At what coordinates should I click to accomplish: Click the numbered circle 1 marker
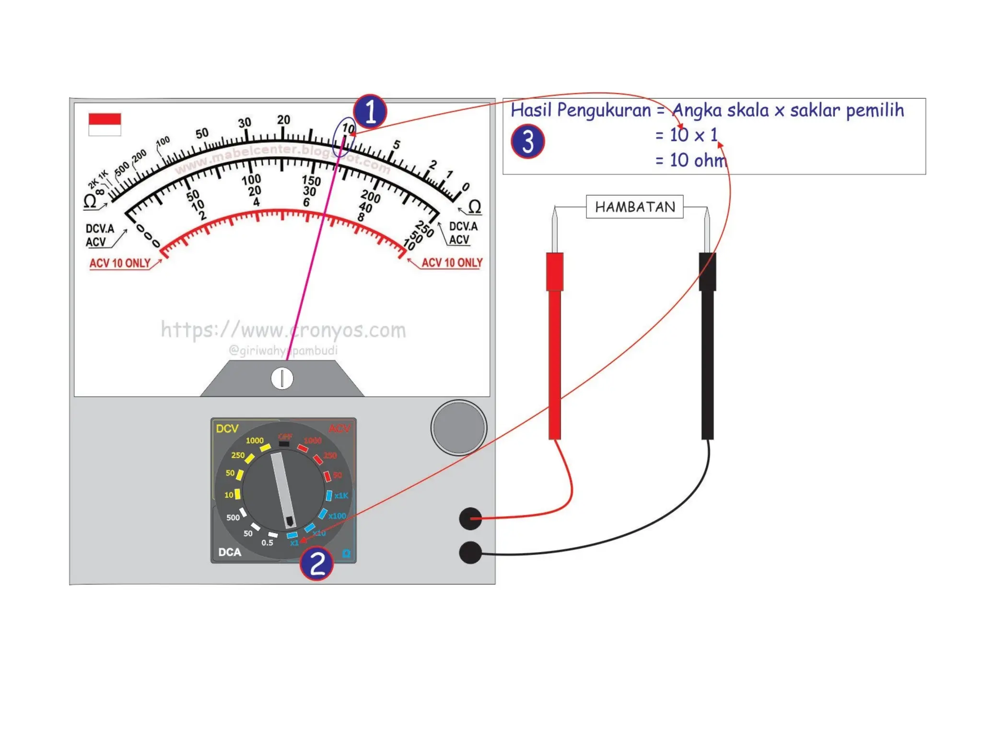[370, 111]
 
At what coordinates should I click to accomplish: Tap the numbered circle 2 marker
[316, 563]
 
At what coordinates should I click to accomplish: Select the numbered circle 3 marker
[527, 142]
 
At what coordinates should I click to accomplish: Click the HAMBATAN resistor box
[634, 207]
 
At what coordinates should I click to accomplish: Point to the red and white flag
[105, 124]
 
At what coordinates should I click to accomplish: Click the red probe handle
[554, 345]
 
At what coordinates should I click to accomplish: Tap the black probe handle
[707, 345]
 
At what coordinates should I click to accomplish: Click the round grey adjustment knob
[459, 427]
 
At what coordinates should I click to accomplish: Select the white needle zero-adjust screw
[282, 378]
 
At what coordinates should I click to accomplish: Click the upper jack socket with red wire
[470, 518]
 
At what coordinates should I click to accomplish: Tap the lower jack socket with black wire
[470, 552]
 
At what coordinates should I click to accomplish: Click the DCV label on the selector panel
[227, 428]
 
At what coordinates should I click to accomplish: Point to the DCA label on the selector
[230, 552]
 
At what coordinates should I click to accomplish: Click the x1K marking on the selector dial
[341, 495]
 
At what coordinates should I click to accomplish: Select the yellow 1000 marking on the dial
[255, 440]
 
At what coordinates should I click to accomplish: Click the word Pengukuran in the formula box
[604, 111]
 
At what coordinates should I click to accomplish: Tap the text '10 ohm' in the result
[698, 161]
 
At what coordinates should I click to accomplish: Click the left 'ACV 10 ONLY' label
[120, 263]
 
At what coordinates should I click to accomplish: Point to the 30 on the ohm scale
[245, 123]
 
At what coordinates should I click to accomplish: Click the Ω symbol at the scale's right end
[474, 207]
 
